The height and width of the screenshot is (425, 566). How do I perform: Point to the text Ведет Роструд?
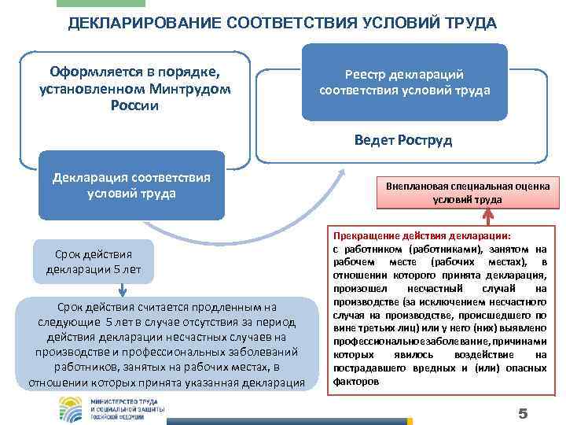[403, 139]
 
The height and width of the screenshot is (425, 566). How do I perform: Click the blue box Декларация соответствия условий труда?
[131, 186]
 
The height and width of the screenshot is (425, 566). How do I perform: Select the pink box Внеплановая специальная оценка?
[467, 192]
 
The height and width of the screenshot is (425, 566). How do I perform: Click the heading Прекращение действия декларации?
[422, 235]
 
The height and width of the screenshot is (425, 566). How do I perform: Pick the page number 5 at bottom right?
[522, 413]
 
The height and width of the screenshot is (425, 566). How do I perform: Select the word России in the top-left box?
[135, 105]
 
